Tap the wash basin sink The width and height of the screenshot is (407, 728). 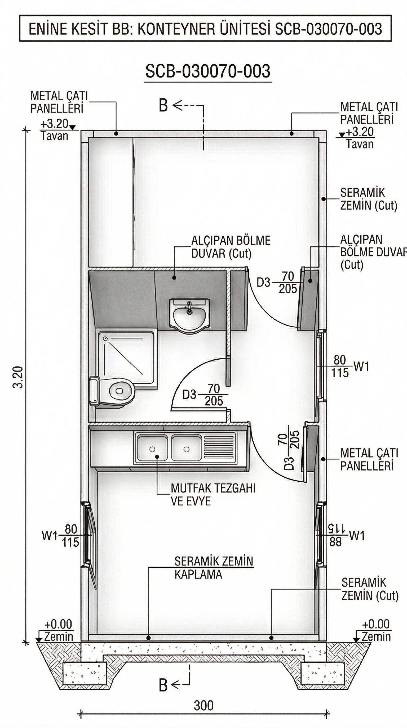pyautogui.click(x=189, y=313)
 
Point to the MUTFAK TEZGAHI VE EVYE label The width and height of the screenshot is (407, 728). pyautogui.click(x=213, y=495)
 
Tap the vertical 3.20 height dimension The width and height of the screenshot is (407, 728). pyautogui.click(x=19, y=377)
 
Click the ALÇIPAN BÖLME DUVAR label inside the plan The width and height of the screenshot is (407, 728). pyautogui.click(x=231, y=247)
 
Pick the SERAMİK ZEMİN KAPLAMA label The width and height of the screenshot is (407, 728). pyautogui.click(x=213, y=568)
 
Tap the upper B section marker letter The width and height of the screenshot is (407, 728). pyautogui.click(x=163, y=106)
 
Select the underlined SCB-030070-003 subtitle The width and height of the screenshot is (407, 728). pyautogui.click(x=208, y=71)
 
